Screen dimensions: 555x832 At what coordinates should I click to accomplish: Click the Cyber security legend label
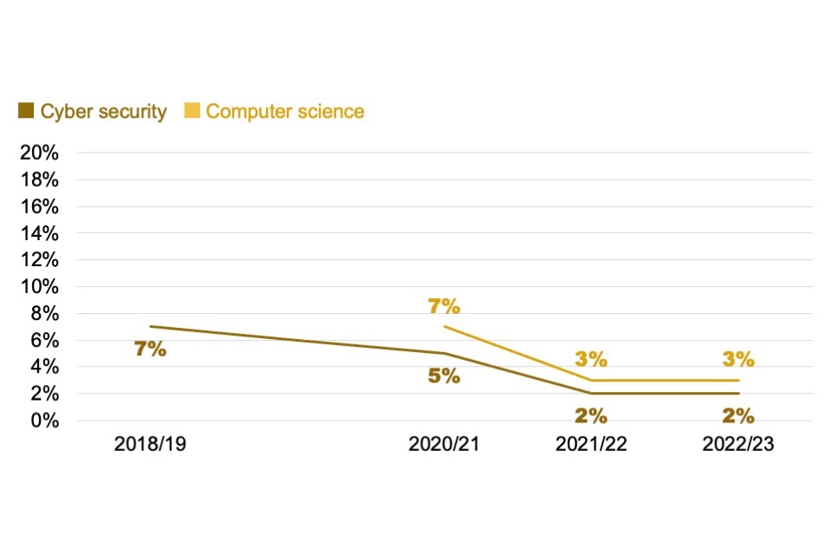(103, 112)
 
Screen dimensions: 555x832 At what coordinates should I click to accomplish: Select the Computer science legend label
(285, 112)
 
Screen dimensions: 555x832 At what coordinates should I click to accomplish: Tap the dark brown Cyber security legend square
(26, 111)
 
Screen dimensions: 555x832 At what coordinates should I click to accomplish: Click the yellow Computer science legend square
(192, 111)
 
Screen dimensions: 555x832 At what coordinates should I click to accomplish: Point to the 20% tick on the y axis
(39, 153)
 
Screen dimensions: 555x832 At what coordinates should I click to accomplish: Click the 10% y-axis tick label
(39, 286)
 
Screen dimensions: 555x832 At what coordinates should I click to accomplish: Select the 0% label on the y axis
(44, 421)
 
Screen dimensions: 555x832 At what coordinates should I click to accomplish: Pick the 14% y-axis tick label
(39, 233)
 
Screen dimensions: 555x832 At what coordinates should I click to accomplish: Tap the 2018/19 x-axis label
(150, 444)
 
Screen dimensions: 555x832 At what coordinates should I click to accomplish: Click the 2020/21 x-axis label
(445, 444)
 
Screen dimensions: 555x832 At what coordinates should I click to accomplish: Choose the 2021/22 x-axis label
(591, 444)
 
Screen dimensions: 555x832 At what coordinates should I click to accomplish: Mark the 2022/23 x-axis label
(738, 444)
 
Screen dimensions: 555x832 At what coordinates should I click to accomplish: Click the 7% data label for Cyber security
(150, 350)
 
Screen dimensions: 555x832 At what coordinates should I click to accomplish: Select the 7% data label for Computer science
(444, 305)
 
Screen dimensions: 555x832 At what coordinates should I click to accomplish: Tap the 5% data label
(444, 377)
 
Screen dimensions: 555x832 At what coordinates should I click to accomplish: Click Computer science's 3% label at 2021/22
(591, 359)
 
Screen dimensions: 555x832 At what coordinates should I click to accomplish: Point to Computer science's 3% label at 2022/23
(738, 359)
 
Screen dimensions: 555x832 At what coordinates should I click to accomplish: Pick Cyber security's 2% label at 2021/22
(591, 414)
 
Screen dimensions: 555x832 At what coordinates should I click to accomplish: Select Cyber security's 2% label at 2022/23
(738, 414)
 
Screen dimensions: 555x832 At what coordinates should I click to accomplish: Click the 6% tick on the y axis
(44, 340)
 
